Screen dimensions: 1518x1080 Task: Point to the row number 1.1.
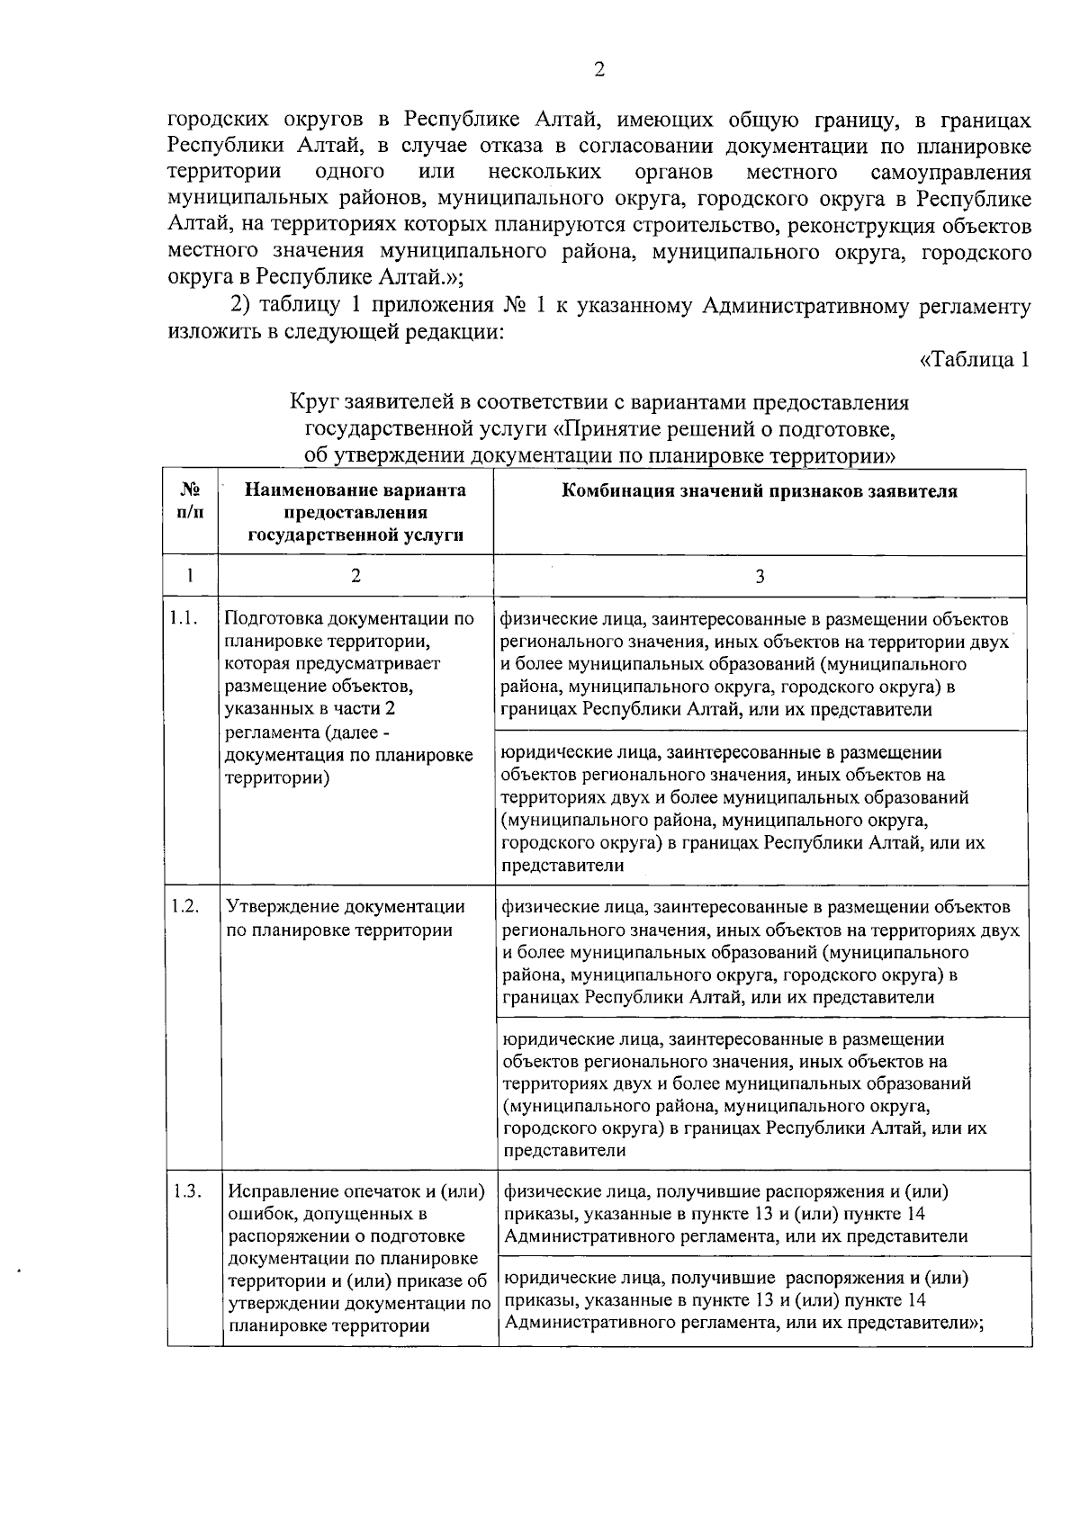(184, 620)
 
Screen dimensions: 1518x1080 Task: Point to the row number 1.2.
(185, 906)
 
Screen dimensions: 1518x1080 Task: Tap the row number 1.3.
(187, 1192)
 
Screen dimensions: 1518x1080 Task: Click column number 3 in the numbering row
(760, 577)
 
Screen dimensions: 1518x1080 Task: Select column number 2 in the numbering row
(355, 577)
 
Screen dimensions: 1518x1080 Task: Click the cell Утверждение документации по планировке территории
(346, 918)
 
